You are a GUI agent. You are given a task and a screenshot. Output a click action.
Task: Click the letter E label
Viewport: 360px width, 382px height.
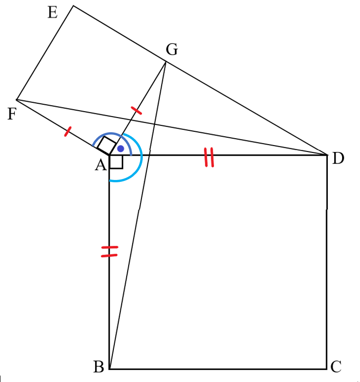[x=53, y=12]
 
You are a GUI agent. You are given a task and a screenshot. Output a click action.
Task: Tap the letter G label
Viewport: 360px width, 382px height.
[x=172, y=50]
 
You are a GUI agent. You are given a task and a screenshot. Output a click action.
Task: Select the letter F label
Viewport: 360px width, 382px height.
[x=12, y=114]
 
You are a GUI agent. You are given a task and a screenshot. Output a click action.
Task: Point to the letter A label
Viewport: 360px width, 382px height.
[x=101, y=165]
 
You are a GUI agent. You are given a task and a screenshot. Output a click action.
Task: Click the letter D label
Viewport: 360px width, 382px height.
[x=338, y=158]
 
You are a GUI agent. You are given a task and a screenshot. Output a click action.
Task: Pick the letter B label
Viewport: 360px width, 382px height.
[x=99, y=367]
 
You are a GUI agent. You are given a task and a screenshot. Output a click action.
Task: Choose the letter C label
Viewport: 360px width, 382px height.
[x=336, y=366]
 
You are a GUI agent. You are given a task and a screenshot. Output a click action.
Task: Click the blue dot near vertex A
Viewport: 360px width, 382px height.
[x=121, y=149]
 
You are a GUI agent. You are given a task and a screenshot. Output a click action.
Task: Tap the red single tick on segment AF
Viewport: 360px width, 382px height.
[x=67, y=131]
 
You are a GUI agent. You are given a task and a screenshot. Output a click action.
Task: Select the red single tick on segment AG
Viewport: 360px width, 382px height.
[x=136, y=110]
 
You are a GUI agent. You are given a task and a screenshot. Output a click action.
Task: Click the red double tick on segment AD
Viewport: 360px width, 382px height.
[x=209, y=157]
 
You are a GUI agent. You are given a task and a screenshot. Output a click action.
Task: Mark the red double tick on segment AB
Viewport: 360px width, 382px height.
[x=109, y=252]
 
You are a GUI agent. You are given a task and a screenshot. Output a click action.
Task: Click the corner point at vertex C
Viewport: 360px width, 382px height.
[x=326, y=369]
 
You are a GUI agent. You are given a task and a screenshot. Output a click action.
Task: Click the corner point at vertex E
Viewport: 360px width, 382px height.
[x=73, y=6]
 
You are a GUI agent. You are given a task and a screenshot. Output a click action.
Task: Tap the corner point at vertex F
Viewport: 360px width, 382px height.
[x=17, y=99]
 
